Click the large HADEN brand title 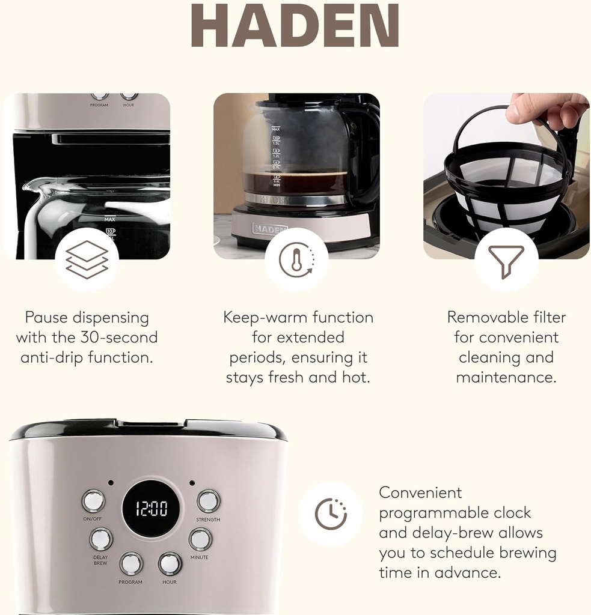coord(295,26)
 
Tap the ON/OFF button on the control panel coord(93,500)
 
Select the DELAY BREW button coord(101,538)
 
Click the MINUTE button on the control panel coord(200,539)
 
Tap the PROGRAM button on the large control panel coord(131,563)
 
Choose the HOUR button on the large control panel coord(170,563)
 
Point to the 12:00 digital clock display coord(151,509)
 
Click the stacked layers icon coord(87,259)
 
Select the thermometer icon coord(296,260)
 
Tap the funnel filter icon coord(506,260)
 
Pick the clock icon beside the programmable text coord(331,514)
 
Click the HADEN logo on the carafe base coord(270,229)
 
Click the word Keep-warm coord(260,317)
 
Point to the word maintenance coord(506,378)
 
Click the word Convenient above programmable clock coord(420,492)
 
